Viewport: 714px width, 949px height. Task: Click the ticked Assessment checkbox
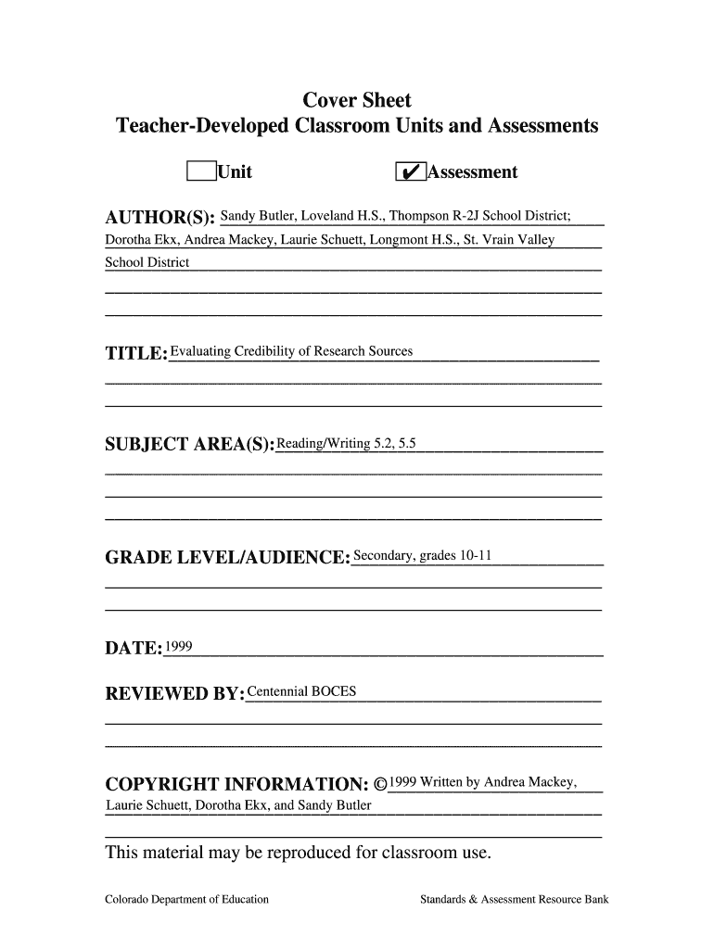pos(410,172)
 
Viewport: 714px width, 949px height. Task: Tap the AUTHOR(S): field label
pos(160,219)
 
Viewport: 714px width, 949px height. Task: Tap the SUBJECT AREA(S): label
pos(190,446)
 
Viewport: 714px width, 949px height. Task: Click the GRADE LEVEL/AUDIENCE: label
pos(227,559)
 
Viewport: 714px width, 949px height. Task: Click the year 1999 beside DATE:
pos(178,647)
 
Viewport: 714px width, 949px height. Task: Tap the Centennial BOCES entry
pos(301,691)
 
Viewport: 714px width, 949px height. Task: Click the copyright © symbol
pos(380,784)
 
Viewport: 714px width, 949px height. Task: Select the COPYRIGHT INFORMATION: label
pos(232,785)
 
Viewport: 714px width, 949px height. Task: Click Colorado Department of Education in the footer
pos(186,899)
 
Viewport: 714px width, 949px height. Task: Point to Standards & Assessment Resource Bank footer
pos(514,899)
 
